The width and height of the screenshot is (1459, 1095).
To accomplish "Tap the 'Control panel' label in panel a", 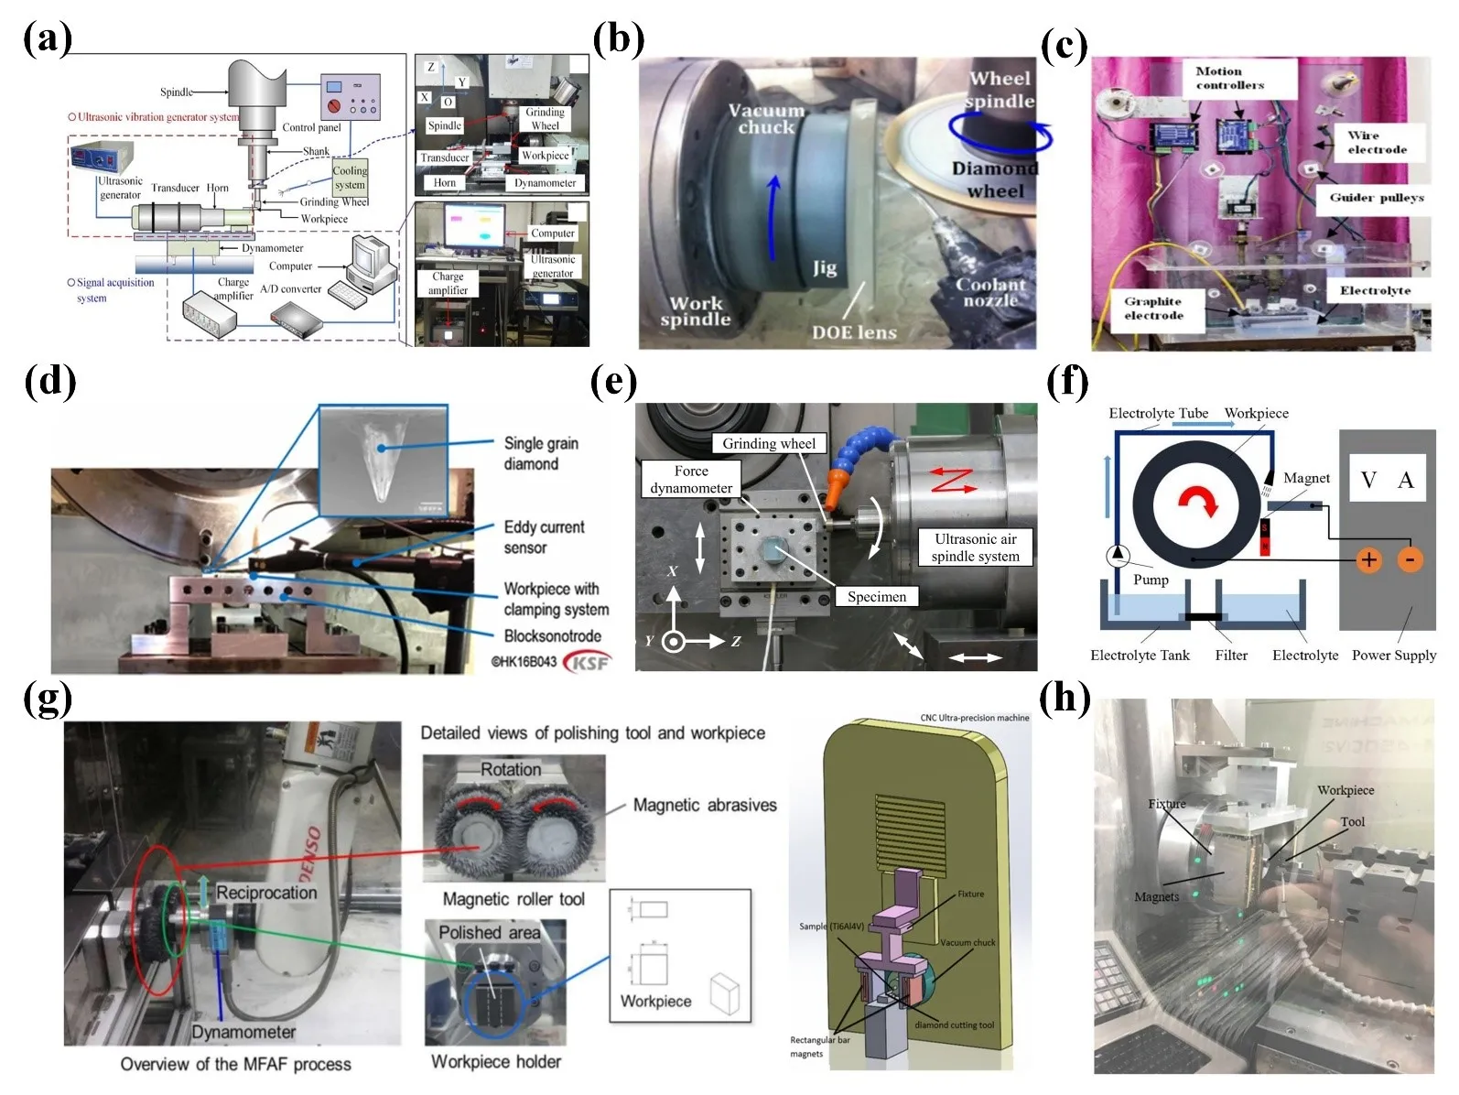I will click(x=311, y=127).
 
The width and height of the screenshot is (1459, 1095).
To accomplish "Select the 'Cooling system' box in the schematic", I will click(x=350, y=178).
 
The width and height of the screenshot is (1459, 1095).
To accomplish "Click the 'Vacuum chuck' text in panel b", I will click(x=766, y=119).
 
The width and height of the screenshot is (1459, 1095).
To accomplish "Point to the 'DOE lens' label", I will click(x=853, y=332).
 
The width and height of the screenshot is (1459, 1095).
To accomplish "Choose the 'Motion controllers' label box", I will click(x=1229, y=78).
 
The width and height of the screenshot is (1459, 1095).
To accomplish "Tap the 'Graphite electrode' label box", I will click(x=1153, y=309).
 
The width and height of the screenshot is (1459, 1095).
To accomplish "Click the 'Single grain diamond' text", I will click(x=541, y=453).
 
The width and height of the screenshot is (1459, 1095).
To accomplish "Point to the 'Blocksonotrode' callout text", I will click(x=552, y=635).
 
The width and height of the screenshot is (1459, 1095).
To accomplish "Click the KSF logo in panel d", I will click(x=586, y=661).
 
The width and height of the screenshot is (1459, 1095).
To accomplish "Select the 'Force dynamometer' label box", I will click(x=691, y=479).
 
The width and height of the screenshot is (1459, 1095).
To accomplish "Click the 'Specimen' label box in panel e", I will click(x=876, y=597).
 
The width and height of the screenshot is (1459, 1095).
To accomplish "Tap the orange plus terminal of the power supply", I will click(x=1368, y=559).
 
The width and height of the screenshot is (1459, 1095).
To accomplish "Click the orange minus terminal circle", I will click(x=1410, y=559).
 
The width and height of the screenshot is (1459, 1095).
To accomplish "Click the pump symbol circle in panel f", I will click(x=1118, y=555).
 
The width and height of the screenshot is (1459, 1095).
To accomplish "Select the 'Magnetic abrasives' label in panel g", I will click(x=705, y=806).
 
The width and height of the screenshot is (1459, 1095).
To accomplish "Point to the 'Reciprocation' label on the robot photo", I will click(x=266, y=893).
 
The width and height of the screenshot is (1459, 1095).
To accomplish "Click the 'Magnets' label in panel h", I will click(x=1156, y=897).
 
